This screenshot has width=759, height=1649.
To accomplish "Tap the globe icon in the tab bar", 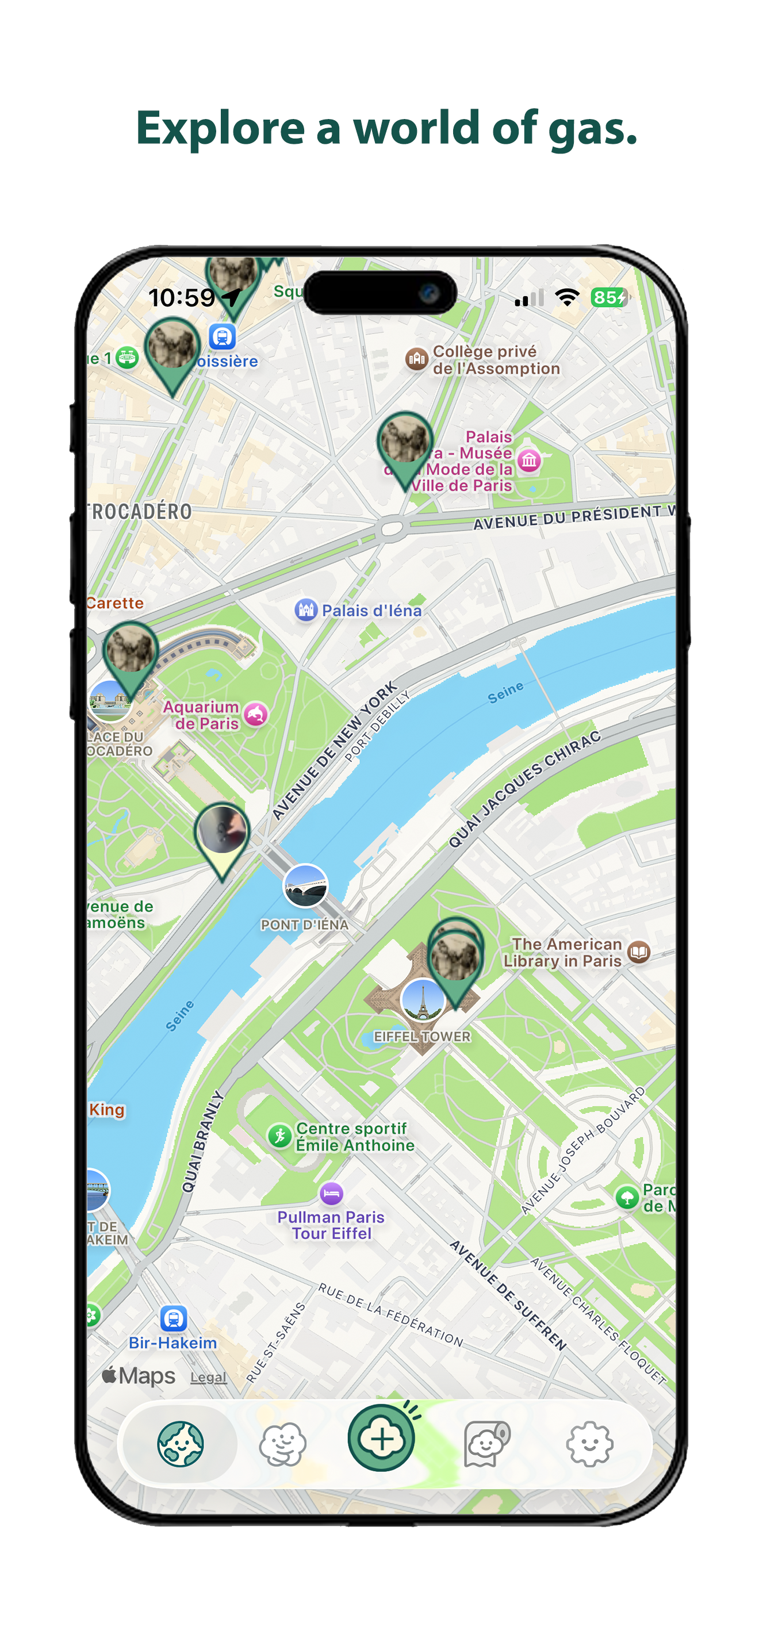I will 181,1444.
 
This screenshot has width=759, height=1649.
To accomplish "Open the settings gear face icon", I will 589,1444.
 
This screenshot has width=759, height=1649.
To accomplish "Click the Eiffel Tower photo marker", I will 423,1000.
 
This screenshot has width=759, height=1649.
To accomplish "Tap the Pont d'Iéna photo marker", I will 305,887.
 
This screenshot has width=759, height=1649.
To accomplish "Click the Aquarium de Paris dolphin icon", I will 256,715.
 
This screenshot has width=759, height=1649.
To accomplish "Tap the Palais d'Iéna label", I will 371,611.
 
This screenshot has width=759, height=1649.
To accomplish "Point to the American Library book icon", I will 639,952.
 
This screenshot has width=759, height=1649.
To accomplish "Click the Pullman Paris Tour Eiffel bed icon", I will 331,1193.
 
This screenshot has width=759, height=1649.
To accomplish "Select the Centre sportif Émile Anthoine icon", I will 279,1136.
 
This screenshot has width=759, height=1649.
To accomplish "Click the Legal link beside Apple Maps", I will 209,1377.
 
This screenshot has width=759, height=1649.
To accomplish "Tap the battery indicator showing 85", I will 608,297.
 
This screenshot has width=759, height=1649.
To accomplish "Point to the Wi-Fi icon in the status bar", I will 567,297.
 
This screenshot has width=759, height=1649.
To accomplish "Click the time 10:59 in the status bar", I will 182,298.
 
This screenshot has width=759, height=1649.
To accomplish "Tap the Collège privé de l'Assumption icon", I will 417,359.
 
